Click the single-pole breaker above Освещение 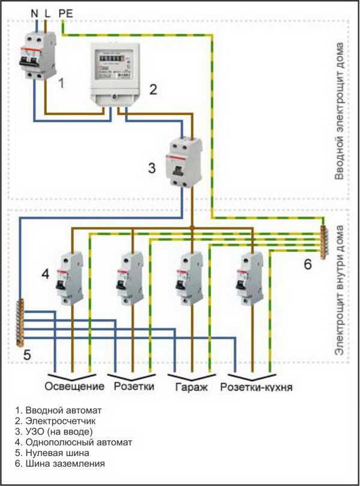tap(71, 278)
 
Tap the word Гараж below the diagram tap(191, 386)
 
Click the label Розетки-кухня tap(256, 386)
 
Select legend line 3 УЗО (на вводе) tap(56, 431)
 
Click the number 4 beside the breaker tap(45, 274)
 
